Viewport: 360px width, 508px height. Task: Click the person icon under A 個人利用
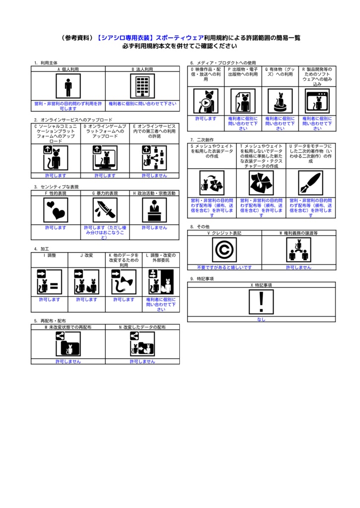(68, 86)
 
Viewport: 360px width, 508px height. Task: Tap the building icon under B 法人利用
(142, 86)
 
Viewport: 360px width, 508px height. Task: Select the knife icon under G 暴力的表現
(105, 210)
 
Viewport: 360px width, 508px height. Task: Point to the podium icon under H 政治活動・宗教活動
(154, 210)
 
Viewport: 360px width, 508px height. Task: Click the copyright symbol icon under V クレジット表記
(224, 250)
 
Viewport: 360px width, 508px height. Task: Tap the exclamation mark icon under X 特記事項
(261, 302)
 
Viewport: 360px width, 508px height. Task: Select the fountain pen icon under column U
(311, 183)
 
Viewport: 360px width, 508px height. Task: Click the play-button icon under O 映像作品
(206, 101)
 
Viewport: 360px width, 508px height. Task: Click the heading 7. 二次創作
(202, 140)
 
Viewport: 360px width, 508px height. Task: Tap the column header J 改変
(86, 255)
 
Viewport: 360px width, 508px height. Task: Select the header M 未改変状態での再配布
(68, 328)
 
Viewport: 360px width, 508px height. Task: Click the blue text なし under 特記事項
(261, 319)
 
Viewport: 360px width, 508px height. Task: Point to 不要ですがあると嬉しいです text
(224, 267)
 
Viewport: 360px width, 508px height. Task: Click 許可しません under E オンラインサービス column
(154, 175)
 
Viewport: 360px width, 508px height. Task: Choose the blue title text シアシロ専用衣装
(126, 38)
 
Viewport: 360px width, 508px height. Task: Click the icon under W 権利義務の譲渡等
(298, 250)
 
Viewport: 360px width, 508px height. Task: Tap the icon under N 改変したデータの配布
(142, 344)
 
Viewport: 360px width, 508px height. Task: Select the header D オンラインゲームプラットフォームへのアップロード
(105, 131)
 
